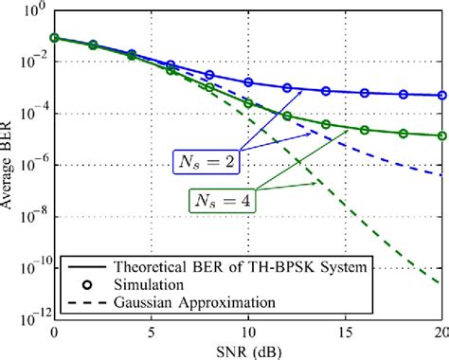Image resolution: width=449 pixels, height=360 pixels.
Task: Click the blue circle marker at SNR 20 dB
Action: pos(441,95)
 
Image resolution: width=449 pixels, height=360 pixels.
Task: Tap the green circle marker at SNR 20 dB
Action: pos(441,135)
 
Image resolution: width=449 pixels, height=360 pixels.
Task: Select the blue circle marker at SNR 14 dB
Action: pos(326,91)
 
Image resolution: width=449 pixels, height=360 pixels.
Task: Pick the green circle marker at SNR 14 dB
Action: pos(326,124)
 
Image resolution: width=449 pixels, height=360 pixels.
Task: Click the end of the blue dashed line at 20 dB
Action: pos(441,174)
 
